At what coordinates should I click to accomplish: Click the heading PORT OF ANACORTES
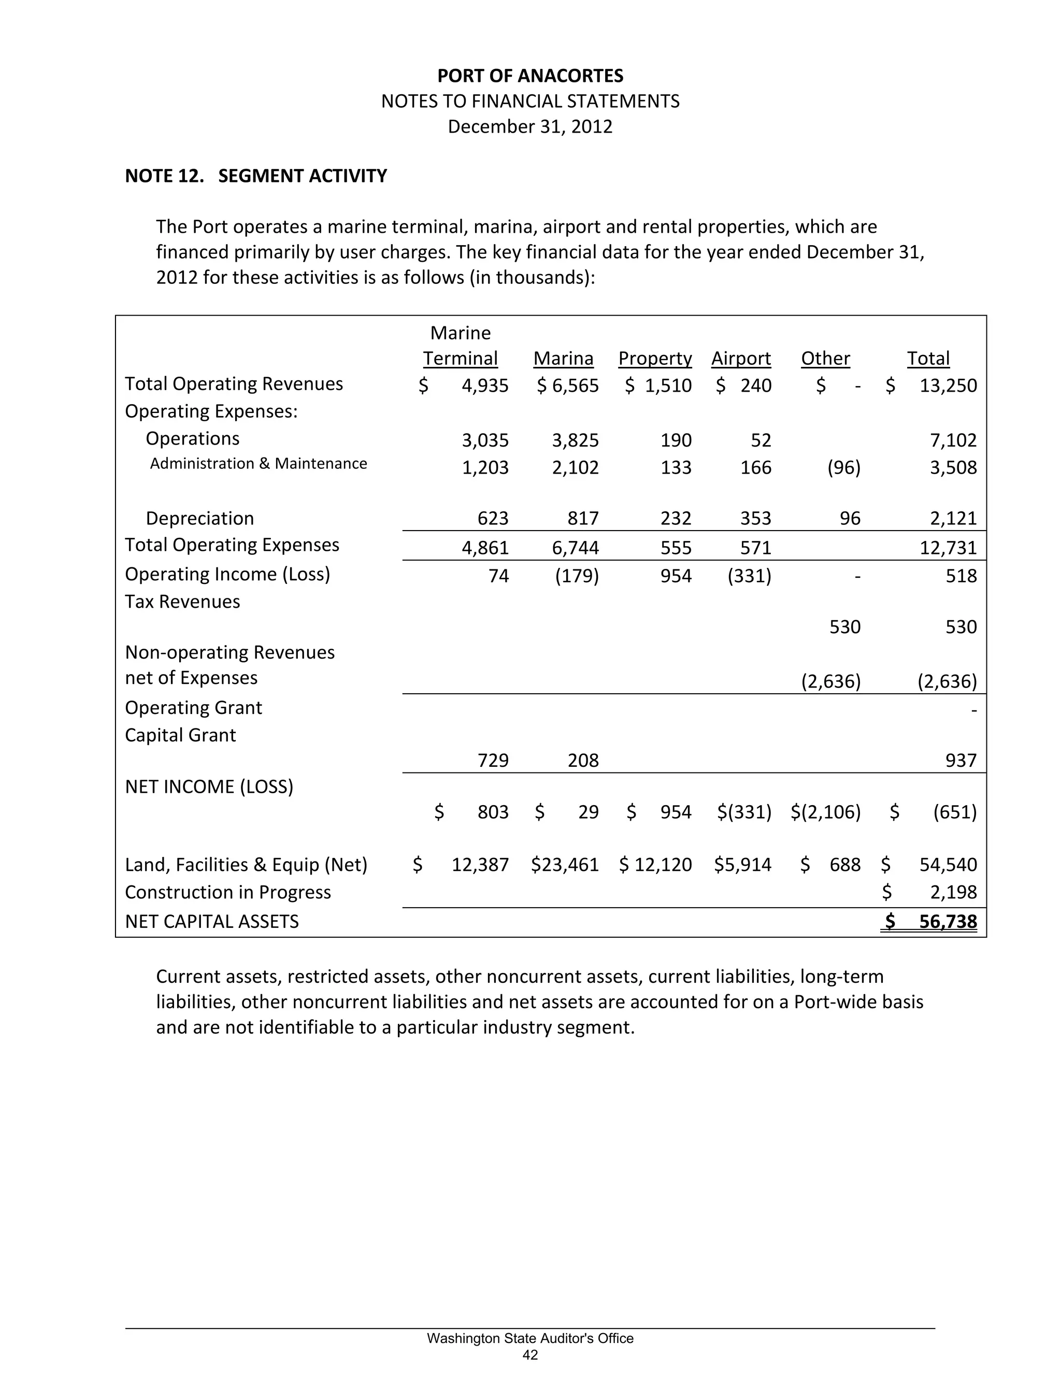pos(530,76)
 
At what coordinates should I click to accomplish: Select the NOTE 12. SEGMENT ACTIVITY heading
pos(256,176)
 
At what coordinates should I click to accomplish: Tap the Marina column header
pos(563,359)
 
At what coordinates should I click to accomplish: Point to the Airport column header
pos(740,359)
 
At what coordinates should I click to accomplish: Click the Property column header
pos(654,359)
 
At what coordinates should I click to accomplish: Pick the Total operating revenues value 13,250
pos(948,385)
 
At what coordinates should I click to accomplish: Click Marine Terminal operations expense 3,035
pos(484,440)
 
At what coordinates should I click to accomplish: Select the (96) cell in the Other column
pos(843,468)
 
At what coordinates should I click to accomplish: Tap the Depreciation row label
pos(200,519)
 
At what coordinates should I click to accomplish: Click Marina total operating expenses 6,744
pos(575,548)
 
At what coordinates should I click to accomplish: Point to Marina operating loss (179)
pos(577,576)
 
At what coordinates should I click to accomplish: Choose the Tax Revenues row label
pos(182,602)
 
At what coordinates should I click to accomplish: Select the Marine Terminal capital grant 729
pos(493,761)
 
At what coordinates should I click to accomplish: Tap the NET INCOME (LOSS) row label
pos(209,787)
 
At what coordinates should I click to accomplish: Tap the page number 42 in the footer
pos(530,1355)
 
